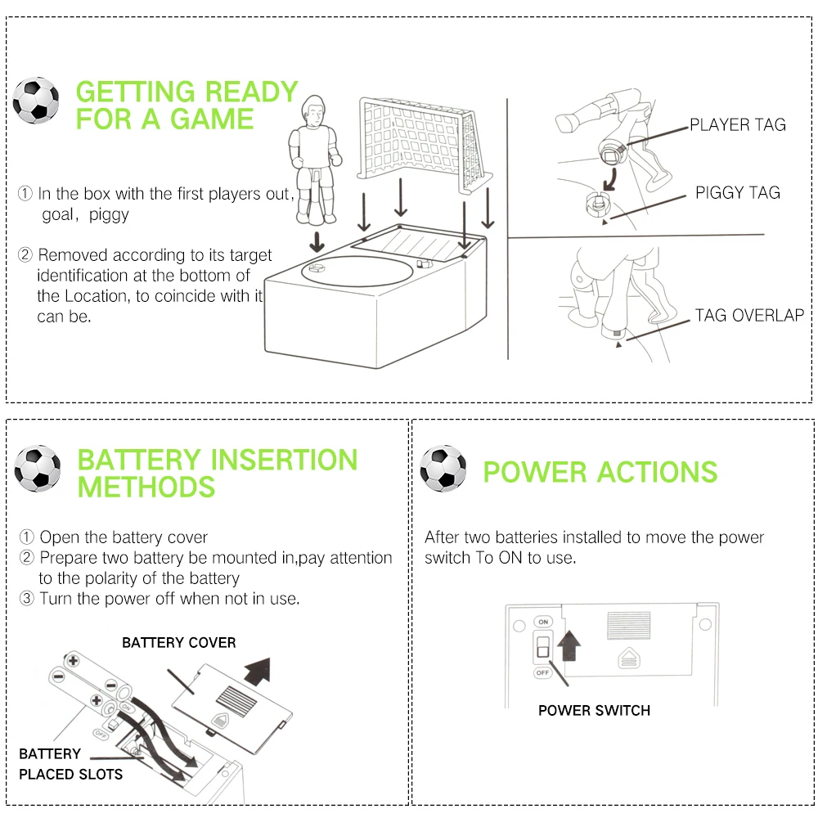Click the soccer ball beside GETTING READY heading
click(x=36, y=100)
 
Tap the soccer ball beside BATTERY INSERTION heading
click(x=38, y=468)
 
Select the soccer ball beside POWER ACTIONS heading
click(x=443, y=468)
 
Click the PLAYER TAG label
click(x=737, y=125)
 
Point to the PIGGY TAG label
click(x=737, y=193)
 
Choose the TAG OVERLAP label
click(x=749, y=315)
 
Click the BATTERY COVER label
click(x=178, y=643)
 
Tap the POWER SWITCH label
click(x=594, y=710)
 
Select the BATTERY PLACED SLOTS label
click(x=70, y=764)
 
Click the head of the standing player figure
click(x=313, y=109)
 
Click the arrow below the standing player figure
click(x=314, y=242)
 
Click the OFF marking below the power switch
click(x=541, y=672)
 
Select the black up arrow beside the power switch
click(x=568, y=641)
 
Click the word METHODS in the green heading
click(x=146, y=488)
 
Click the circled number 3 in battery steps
click(x=27, y=599)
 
